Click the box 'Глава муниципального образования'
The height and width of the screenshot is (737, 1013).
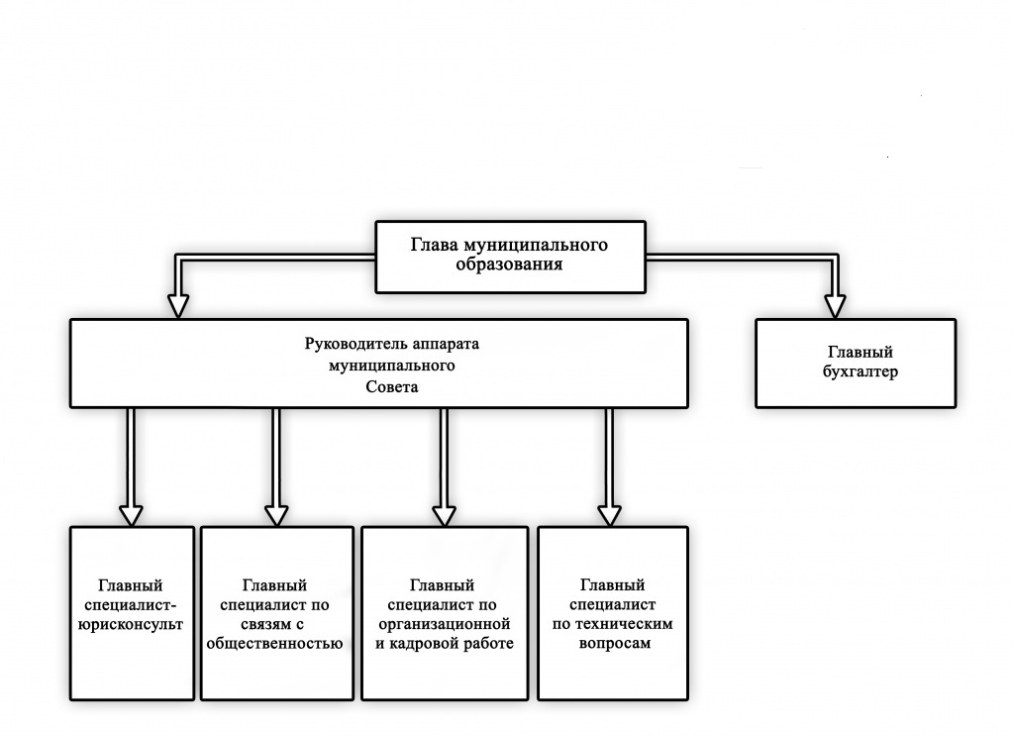[x=510, y=257]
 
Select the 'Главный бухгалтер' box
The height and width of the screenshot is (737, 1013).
[x=856, y=364]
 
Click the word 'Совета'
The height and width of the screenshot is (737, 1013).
[x=391, y=387]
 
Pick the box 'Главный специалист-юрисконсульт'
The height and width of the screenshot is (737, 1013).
[x=132, y=613]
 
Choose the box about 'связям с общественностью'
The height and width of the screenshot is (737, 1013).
[x=277, y=613]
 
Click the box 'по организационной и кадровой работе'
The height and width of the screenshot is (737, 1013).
[x=445, y=613]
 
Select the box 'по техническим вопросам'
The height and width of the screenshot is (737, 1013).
[x=612, y=613]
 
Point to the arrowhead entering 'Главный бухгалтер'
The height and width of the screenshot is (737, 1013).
[x=835, y=306]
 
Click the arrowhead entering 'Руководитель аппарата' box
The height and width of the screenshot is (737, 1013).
[x=177, y=306]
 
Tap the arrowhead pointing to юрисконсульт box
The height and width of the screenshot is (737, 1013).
[x=131, y=515]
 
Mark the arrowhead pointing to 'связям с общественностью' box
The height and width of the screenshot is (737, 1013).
[x=276, y=515]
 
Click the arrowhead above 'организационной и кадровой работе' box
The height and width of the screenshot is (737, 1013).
[x=444, y=515]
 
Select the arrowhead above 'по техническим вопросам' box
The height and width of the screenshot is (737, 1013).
[x=609, y=515]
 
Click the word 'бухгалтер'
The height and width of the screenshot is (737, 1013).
[x=860, y=372]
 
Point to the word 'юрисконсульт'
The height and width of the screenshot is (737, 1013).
[x=131, y=624]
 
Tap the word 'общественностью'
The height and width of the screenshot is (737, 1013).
[x=274, y=644]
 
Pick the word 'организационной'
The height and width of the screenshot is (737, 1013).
[x=445, y=624]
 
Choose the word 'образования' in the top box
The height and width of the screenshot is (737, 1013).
[x=509, y=264]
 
